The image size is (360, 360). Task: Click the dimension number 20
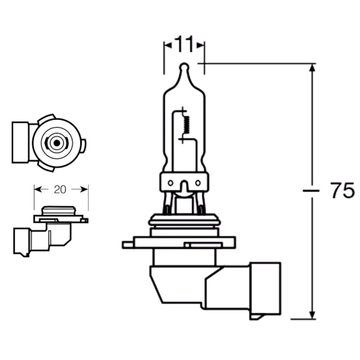[x=60, y=189]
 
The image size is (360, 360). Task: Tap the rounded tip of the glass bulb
[x=184, y=67]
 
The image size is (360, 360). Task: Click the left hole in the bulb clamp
[x=170, y=183]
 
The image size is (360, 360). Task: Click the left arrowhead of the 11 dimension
[x=168, y=45]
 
